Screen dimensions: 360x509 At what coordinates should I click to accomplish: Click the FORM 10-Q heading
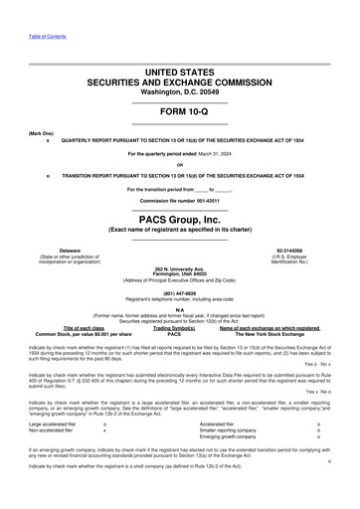[179, 111]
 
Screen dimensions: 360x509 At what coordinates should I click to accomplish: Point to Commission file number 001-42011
[179, 201]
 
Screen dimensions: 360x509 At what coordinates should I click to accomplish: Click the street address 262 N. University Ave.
[179, 269]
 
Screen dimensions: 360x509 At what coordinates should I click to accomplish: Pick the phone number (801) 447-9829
[179, 293]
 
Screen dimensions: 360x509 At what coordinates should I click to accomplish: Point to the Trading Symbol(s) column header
[174, 329]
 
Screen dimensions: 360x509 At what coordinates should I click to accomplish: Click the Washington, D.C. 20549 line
[179, 90]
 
